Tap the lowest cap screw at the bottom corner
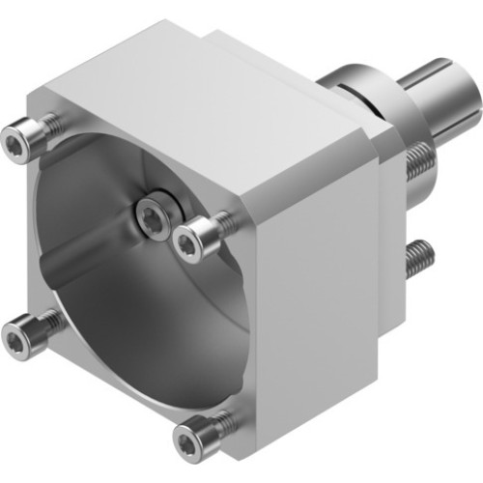click(190, 442)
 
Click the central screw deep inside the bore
click(152, 218)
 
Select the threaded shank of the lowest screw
click(221, 424)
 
